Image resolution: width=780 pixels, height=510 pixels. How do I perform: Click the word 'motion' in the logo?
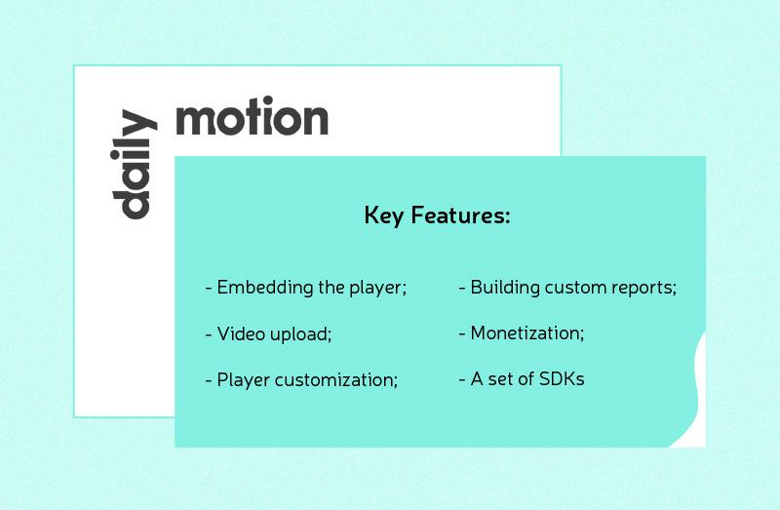coord(252,118)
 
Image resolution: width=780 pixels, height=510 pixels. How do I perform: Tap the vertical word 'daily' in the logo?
coord(134,166)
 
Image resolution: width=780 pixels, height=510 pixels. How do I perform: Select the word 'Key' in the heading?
coord(382,216)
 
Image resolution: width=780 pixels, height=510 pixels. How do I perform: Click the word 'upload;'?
coord(301,334)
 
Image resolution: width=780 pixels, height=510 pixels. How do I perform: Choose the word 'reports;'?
coord(643,289)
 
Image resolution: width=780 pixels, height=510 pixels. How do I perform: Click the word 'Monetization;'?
coord(527,333)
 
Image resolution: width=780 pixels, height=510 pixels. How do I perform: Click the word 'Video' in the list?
coord(240,334)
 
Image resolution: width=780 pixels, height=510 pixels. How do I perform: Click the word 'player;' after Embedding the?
coord(377,289)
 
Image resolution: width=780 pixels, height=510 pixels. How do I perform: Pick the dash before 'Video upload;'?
coord(209,334)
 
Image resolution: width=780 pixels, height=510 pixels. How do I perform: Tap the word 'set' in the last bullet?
coord(503,379)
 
